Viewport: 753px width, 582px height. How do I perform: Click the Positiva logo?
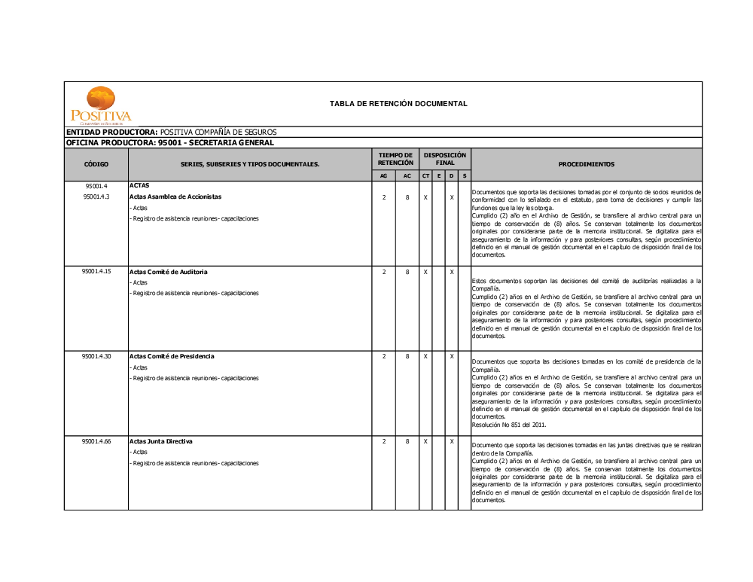click(x=100, y=105)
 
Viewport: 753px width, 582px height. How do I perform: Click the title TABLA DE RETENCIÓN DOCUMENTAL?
click(x=398, y=104)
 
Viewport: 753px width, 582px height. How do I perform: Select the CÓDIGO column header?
click(x=96, y=164)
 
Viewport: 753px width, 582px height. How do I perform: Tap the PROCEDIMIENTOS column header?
click(x=586, y=164)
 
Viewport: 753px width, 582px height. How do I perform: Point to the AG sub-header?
click(x=384, y=176)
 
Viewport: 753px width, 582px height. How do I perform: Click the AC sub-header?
click(x=407, y=176)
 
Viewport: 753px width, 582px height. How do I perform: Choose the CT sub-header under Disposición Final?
click(x=425, y=176)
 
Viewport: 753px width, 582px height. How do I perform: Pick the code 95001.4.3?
click(x=96, y=197)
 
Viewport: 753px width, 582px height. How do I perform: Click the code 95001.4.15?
click(x=96, y=271)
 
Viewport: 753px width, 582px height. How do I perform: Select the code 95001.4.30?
click(x=96, y=356)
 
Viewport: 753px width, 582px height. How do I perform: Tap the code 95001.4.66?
click(x=96, y=441)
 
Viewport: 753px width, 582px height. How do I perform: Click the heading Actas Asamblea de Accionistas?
click(x=175, y=197)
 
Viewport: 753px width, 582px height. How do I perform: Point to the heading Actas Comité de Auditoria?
click(x=168, y=271)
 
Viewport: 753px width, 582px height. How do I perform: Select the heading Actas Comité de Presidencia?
click(x=172, y=356)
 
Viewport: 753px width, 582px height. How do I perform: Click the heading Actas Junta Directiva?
click(x=160, y=441)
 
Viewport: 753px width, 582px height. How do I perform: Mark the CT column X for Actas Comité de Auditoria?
click(x=425, y=271)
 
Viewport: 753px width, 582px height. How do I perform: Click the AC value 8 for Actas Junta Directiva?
click(x=407, y=441)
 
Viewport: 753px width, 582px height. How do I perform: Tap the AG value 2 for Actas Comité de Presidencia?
click(x=384, y=356)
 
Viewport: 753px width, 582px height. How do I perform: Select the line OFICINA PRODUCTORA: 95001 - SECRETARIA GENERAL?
click(x=170, y=142)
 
